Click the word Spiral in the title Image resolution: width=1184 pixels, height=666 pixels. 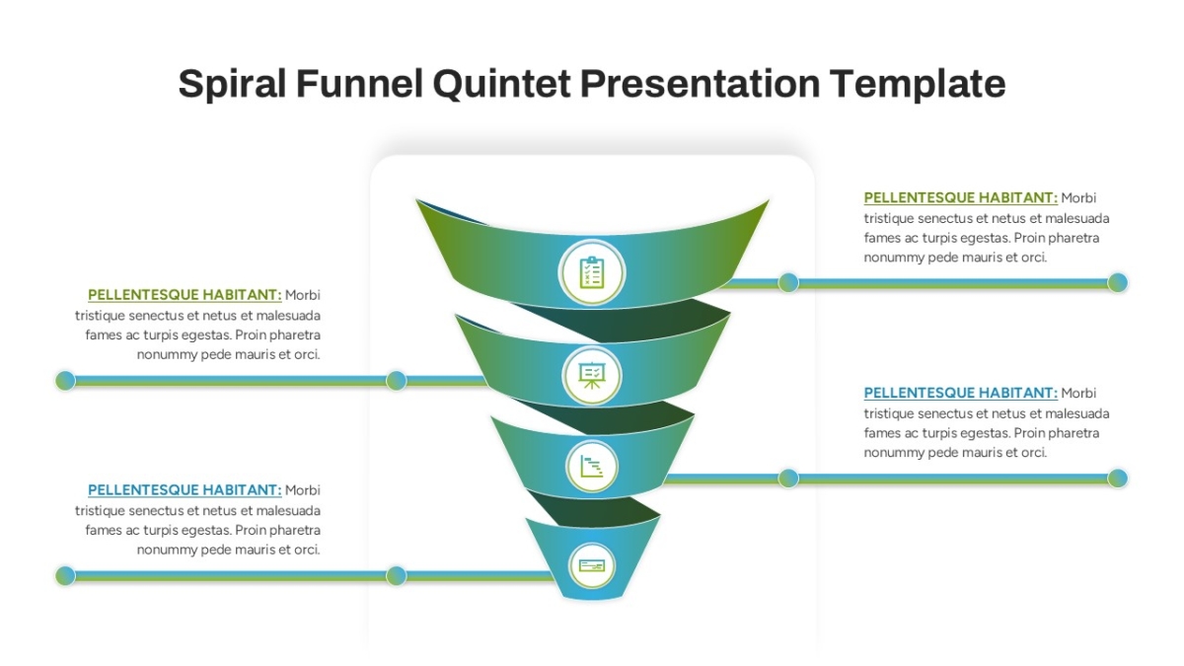(232, 84)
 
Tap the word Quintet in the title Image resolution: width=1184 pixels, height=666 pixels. (501, 84)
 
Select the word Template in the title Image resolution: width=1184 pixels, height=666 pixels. (917, 84)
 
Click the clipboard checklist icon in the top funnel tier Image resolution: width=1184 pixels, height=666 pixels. (592, 272)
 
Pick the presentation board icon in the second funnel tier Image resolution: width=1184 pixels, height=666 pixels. (592, 375)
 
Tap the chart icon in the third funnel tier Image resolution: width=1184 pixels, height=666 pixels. (592, 467)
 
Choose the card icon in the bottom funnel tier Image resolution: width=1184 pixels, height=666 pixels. (592, 566)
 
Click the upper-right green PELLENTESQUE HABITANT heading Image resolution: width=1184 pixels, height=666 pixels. (960, 197)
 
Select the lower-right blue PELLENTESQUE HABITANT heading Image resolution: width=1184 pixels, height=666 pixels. (960, 394)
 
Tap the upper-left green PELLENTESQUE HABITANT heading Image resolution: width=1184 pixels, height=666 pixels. (185, 295)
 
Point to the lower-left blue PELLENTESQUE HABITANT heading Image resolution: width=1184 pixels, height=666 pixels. (185, 490)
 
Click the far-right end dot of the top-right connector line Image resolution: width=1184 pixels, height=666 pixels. (1118, 283)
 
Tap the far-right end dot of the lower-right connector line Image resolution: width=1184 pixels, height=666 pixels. (1118, 479)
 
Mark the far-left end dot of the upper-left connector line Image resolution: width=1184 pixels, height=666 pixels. (65, 381)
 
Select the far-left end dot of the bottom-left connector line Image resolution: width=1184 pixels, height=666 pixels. (65, 575)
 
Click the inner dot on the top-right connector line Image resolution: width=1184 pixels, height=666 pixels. (788, 283)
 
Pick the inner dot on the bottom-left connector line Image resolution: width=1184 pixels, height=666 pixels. (396, 575)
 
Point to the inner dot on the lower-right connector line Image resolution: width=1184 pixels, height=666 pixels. (788, 479)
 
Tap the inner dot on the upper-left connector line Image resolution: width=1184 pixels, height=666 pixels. (396, 381)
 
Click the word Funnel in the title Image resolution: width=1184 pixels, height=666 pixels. (359, 84)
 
